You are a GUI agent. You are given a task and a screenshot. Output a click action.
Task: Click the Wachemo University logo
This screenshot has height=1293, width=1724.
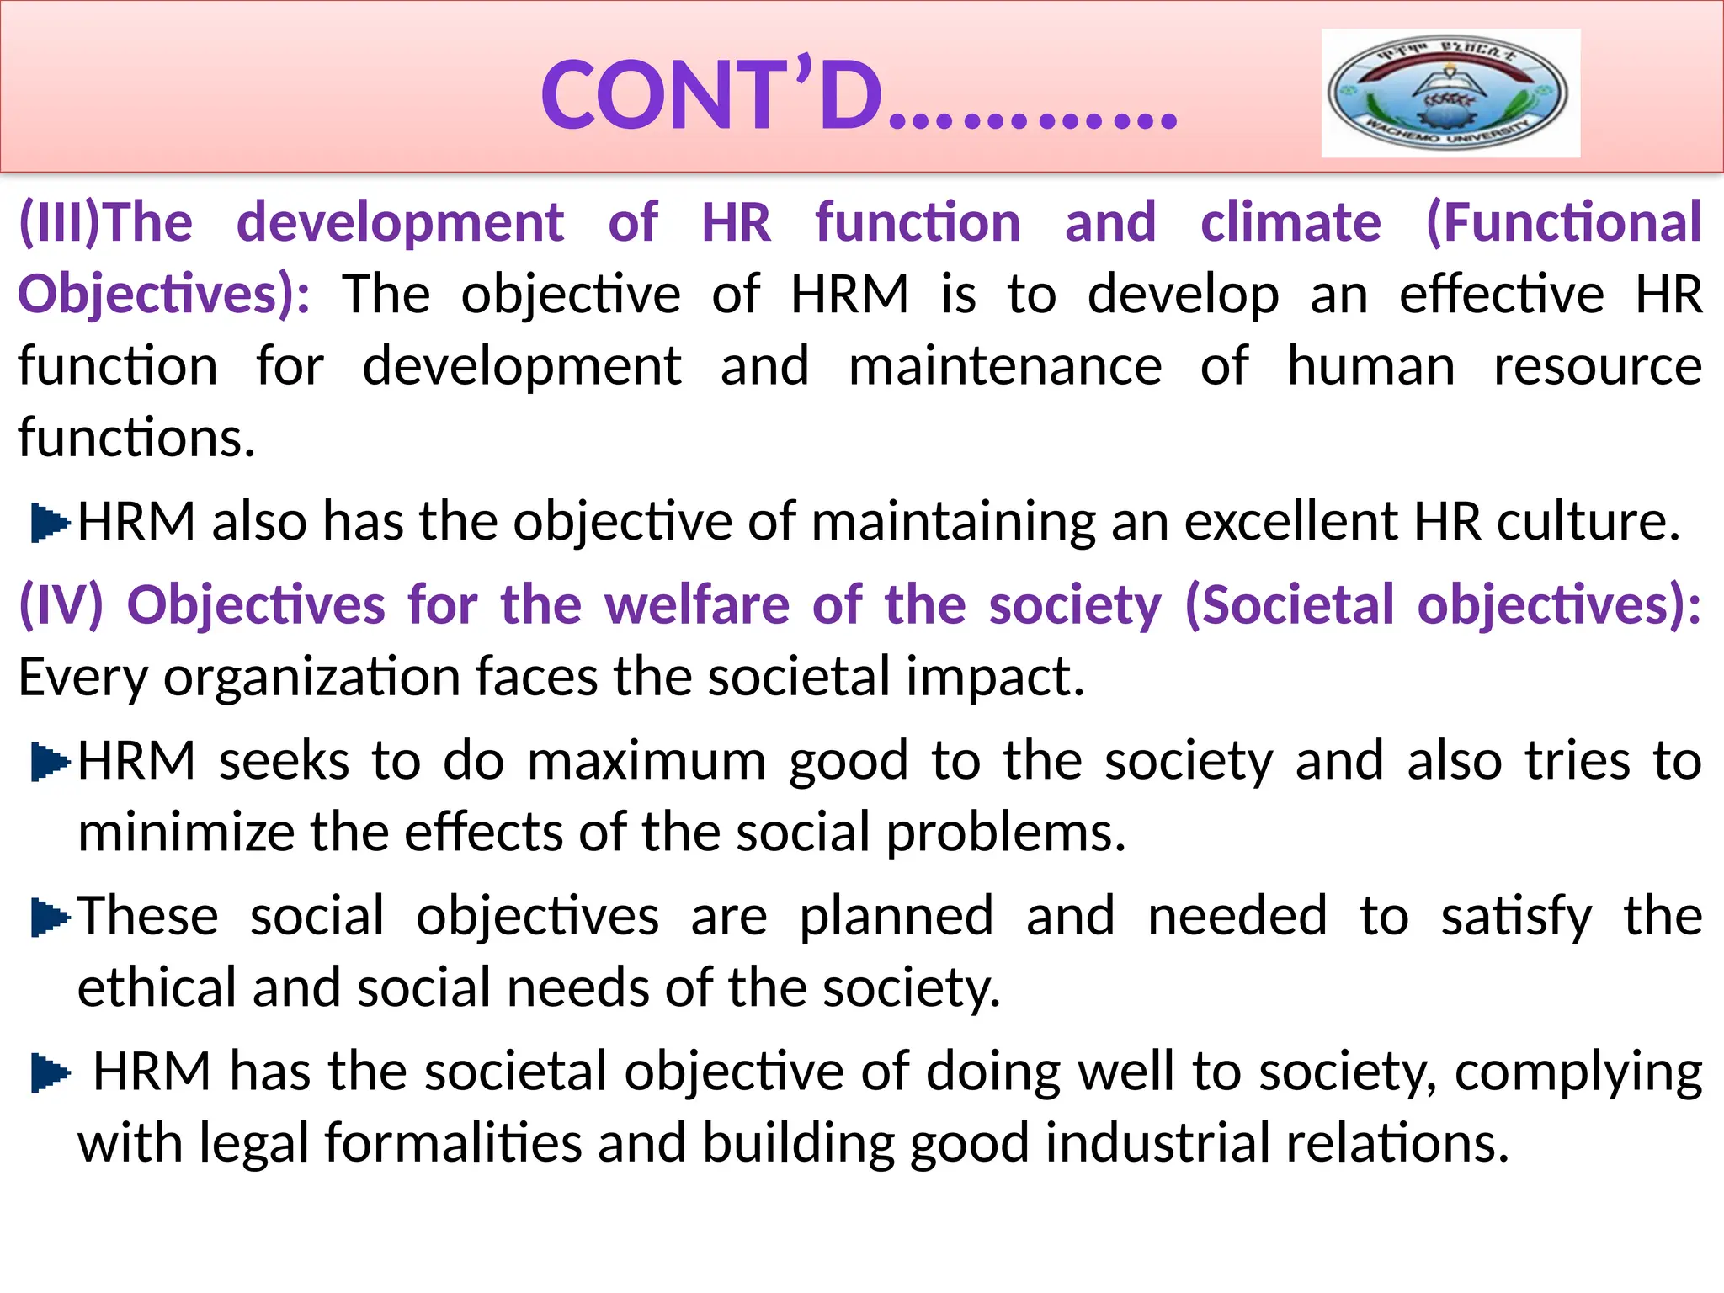1450,93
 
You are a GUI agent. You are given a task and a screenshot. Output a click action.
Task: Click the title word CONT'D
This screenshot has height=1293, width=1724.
711,95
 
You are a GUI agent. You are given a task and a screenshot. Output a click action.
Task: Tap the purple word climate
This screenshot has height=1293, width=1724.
1290,222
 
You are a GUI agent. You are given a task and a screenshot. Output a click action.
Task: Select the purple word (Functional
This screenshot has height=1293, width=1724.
1563,222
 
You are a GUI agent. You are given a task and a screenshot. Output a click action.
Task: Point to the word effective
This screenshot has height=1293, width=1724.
1502,295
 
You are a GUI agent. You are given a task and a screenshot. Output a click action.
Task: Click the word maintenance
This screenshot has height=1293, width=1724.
1005,366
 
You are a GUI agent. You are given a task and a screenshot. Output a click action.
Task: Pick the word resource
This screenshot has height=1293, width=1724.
1597,366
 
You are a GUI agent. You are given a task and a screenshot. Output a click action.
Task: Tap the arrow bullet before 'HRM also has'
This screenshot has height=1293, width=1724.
49,523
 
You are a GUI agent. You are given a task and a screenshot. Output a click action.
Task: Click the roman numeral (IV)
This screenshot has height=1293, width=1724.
61,604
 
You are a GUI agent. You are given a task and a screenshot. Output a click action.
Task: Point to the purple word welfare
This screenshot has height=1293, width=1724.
697,604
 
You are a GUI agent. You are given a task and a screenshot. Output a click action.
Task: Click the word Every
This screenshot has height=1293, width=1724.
82,677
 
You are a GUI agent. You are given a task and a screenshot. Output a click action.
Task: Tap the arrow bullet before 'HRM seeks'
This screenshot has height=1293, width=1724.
49,763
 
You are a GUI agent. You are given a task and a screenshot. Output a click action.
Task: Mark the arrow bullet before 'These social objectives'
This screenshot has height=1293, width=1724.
49,918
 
